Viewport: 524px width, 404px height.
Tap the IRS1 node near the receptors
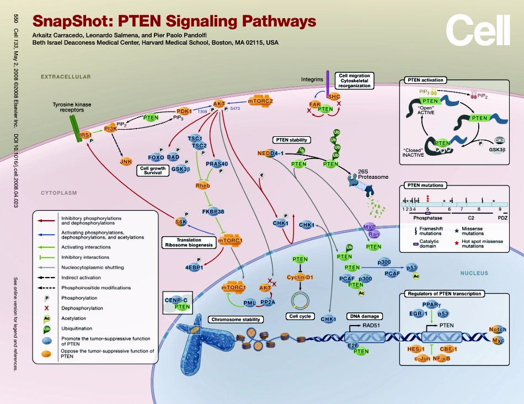click(85, 135)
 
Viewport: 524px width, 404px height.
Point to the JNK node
click(127, 162)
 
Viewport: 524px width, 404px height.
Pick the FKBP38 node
click(212, 211)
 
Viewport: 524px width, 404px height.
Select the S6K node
click(181, 222)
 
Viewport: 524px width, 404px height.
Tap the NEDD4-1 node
click(270, 153)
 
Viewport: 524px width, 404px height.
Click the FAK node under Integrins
click(316, 104)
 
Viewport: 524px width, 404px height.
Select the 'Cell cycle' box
click(301, 316)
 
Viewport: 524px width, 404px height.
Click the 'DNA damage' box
click(363, 316)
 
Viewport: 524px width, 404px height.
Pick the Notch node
click(497, 330)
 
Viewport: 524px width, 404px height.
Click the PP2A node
click(268, 302)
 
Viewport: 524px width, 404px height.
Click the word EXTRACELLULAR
click(66, 77)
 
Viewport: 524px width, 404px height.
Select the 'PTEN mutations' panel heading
click(425, 185)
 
